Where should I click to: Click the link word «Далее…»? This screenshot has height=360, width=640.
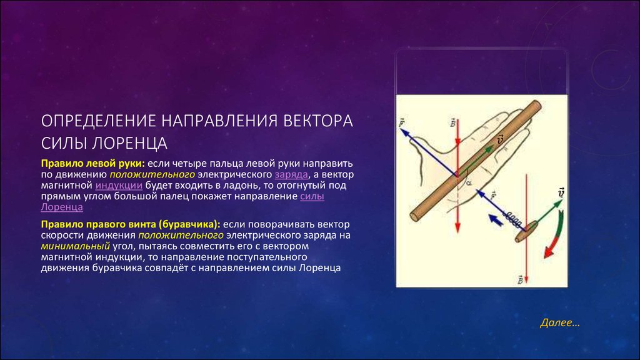tap(559, 323)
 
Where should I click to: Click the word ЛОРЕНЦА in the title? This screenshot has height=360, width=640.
tap(129, 143)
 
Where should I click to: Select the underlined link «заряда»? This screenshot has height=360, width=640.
tap(291, 174)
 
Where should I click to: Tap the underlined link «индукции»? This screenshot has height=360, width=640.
tap(119, 185)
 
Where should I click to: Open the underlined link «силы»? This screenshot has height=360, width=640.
tap(312, 196)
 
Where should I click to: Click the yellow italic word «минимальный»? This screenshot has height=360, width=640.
tap(75, 246)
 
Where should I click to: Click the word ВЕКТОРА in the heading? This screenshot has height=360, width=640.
tap(318, 121)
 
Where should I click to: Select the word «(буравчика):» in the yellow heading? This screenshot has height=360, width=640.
tap(189, 224)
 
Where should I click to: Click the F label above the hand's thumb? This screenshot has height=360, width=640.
tap(402, 122)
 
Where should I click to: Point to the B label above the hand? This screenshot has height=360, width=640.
tap(452, 122)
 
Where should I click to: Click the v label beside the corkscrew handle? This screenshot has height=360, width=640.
tap(562, 192)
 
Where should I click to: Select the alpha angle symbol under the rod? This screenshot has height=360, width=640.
tap(469, 183)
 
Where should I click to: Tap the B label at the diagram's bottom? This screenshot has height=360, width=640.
tap(521, 279)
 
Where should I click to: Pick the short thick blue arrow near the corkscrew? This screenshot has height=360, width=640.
tap(496, 220)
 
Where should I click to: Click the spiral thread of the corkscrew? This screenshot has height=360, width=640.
tap(513, 218)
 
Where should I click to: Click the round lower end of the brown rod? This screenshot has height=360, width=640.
tap(416, 216)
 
